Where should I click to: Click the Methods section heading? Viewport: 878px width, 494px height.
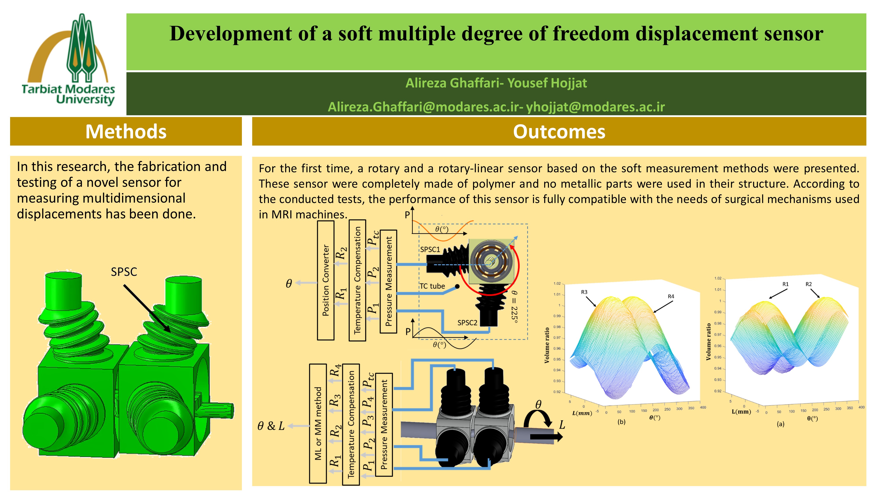tap(126, 132)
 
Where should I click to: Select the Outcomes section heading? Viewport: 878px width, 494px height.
tap(559, 132)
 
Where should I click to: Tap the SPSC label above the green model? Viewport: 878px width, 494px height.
tap(124, 272)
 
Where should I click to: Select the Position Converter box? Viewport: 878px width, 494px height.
tap(326, 280)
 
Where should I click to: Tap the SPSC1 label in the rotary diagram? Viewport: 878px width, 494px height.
tap(430, 249)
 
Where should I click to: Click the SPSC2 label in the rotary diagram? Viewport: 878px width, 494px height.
tap(467, 323)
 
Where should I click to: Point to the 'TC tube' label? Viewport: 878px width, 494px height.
tap(432, 286)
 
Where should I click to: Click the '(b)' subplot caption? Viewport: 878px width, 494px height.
tap(621, 422)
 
